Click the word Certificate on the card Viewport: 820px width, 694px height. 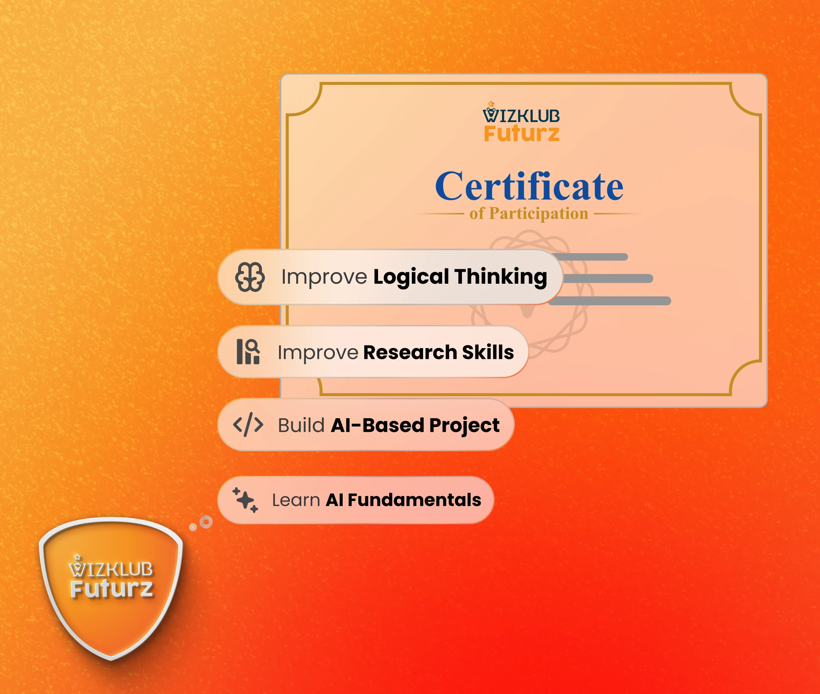[x=529, y=186]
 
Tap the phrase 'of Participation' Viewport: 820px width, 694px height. [x=529, y=214]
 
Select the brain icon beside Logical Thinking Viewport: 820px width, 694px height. [x=250, y=277]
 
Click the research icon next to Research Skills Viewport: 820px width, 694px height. [x=248, y=352]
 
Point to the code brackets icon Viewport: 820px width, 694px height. [x=248, y=425]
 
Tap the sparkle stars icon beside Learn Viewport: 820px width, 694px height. [x=245, y=500]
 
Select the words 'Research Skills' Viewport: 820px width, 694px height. [x=439, y=352]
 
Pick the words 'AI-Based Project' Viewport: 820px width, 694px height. [x=415, y=426]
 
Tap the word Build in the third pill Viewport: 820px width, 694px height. [x=301, y=425]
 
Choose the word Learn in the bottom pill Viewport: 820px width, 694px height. [x=296, y=500]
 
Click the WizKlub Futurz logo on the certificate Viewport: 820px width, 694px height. [x=521, y=122]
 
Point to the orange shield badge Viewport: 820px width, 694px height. [x=111, y=589]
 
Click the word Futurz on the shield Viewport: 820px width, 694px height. [x=112, y=589]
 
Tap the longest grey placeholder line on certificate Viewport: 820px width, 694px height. [x=609, y=301]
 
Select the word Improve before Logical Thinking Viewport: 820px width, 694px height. [x=324, y=277]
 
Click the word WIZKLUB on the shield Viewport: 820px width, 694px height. [x=111, y=567]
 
